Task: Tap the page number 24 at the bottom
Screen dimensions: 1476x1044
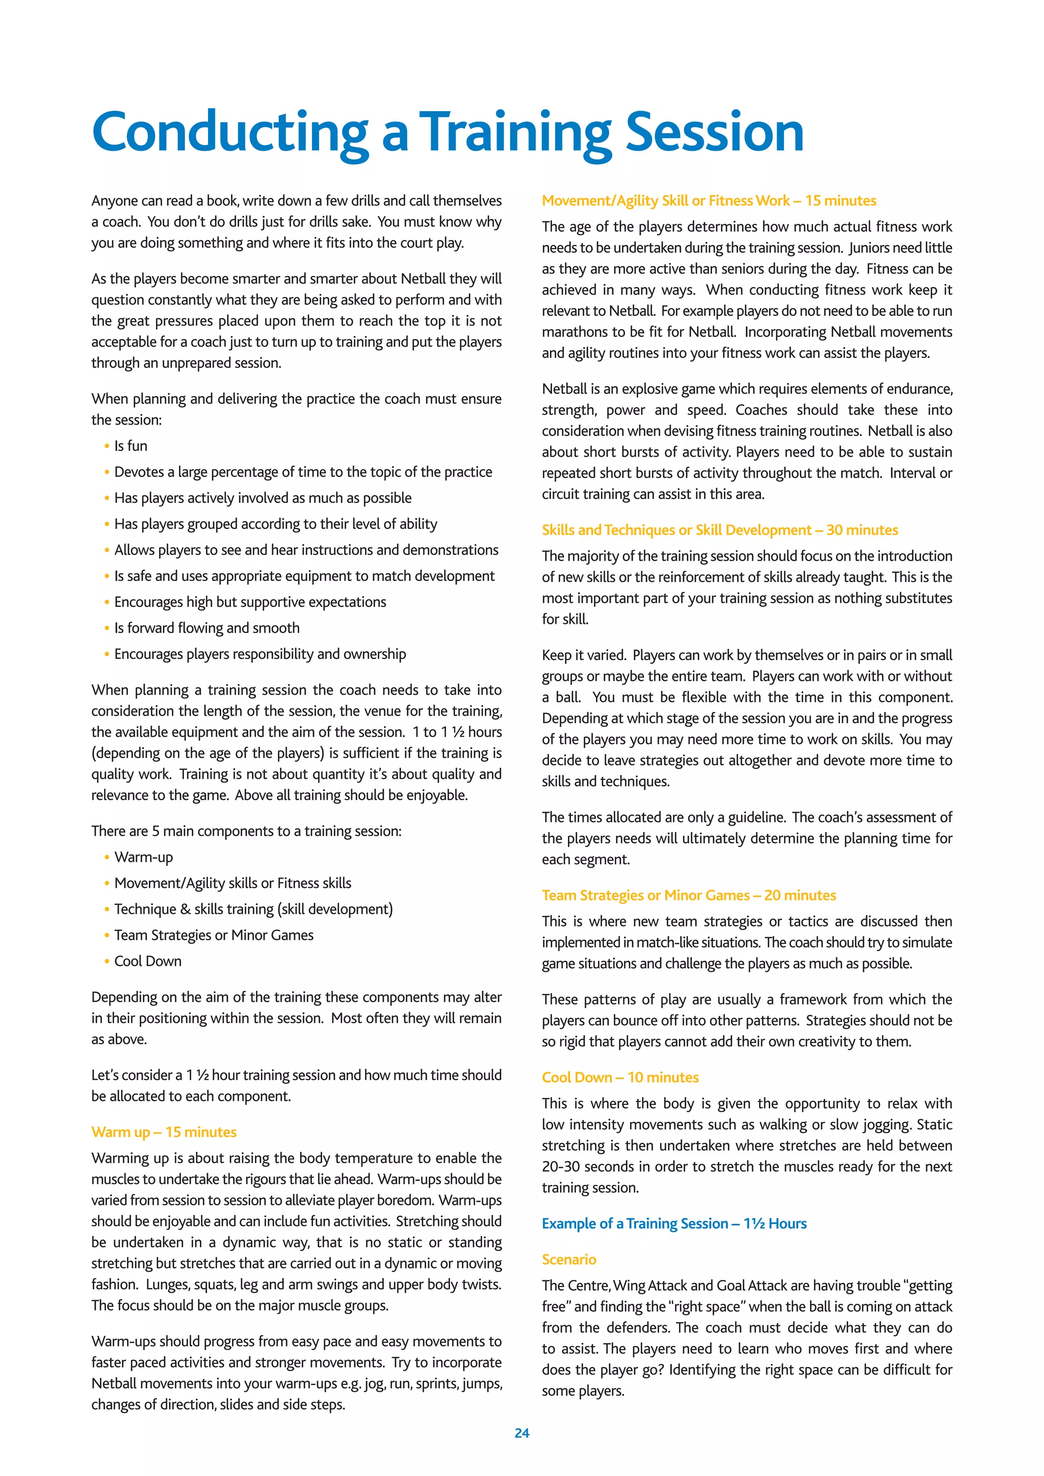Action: (x=521, y=1433)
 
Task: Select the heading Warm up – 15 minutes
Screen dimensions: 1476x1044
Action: (x=164, y=1132)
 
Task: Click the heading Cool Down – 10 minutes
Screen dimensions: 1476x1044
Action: (x=620, y=1077)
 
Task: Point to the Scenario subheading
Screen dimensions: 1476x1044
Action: (x=569, y=1259)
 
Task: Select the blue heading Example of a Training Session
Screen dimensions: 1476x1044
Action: (x=674, y=1223)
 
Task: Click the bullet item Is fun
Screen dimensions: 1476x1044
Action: (x=130, y=446)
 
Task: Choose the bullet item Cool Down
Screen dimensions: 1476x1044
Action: (x=148, y=961)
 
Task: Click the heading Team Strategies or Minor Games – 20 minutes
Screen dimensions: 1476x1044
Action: (x=689, y=895)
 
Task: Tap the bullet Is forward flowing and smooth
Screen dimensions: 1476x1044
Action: (x=206, y=628)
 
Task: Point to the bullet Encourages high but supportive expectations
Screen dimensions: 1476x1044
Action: (x=250, y=602)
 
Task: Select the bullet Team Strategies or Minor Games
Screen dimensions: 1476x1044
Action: (x=214, y=935)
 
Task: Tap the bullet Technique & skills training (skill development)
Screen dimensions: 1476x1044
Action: (x=253, y=910)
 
